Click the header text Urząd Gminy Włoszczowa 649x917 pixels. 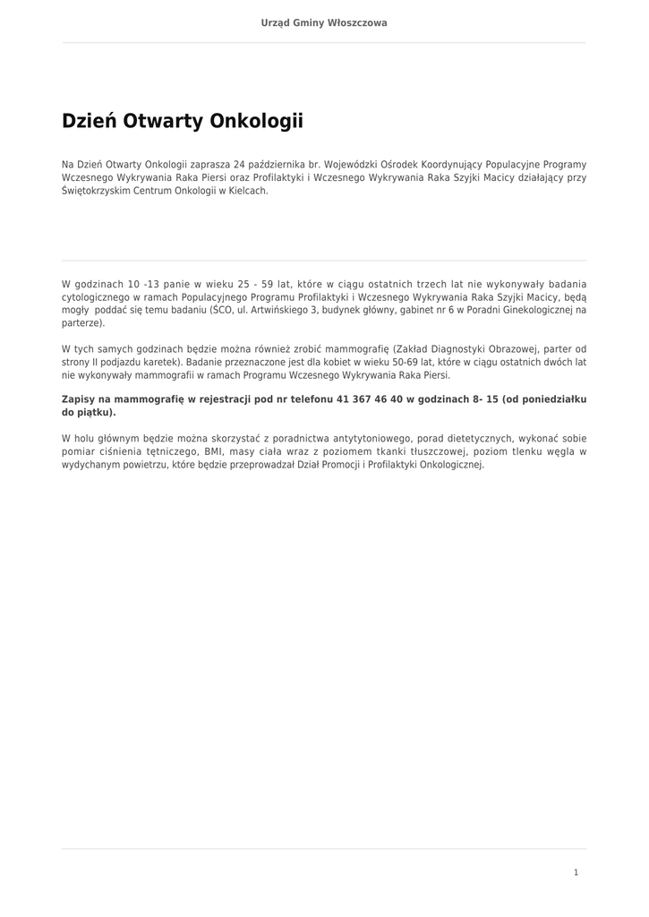[x=324, y=22]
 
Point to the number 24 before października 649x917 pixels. [x=239, y=165]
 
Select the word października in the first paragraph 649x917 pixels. [x=277, y=165]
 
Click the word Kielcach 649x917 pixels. [x=247, y=191]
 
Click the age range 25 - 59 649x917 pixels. [x=256, y=285]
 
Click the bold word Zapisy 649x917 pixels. [x=79, y=399]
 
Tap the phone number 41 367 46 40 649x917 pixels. [x=370, y=399]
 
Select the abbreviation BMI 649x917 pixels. [x=214, y=452]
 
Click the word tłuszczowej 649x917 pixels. [x=440, y=452]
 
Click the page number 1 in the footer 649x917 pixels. [x=576, y=872]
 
